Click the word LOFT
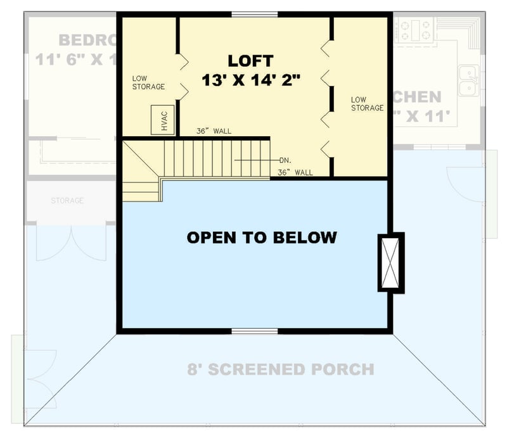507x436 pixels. (x=250, y=61)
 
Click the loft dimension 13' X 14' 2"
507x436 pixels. (x=250, y=80)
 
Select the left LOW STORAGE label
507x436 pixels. (x=148, y=82)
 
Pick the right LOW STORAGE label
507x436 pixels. (x=367, y=104)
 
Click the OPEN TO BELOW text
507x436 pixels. (x=261, y=238)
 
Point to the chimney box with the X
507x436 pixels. (x=390, y=262)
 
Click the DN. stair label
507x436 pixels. (x=285, y=160)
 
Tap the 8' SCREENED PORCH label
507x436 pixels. (x=280, y=369)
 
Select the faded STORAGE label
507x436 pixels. (x=67, y=201)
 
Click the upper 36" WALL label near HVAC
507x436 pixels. (x=214, y=131)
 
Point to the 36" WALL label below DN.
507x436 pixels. (x=295, y=172)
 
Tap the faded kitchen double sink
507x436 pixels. (x=468, y=81)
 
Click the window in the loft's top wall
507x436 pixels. (x=254, y=14)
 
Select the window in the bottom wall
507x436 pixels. (x=254, y=331)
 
